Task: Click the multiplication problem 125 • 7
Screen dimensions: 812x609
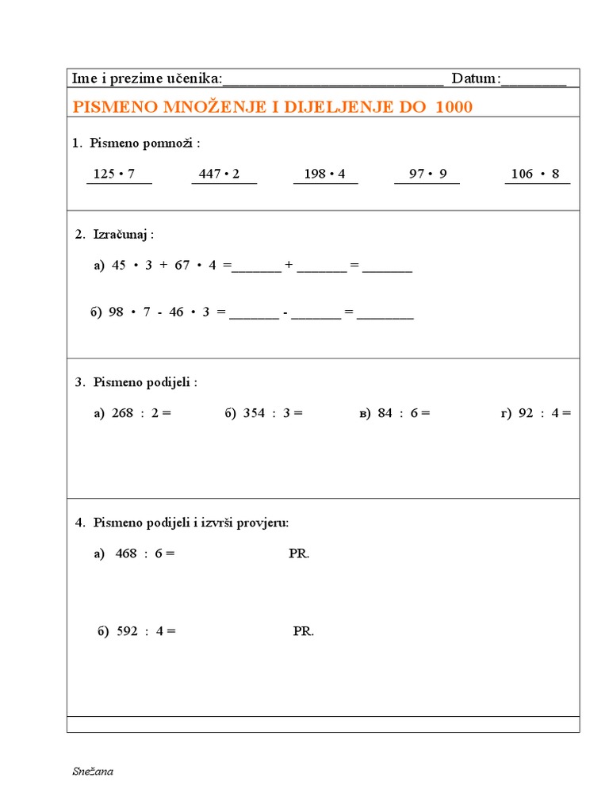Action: click(x=114, y=174)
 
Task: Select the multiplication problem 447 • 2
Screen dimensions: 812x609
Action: click(x=220, y=174)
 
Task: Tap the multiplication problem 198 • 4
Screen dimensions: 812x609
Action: click(x=324, y=174)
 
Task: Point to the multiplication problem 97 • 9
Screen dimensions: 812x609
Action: click(x=428, y=174)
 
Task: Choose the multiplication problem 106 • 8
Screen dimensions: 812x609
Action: click(x=535, y=174)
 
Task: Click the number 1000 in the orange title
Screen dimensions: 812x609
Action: click(x=454, y=106)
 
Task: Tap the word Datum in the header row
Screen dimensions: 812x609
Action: click(x=475, y=78)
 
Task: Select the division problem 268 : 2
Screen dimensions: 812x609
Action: click(x=141, y=412)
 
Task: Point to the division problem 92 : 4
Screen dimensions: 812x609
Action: click(x=544, y=412)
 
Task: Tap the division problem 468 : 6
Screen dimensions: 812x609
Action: click(x=144, y=553)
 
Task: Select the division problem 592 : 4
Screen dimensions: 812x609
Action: click(x=146, y=631)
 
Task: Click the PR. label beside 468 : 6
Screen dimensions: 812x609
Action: click(x=299, y=553)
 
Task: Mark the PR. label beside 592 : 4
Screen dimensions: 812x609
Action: click(x=303, y=631)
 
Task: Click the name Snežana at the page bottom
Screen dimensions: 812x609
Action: click(x=92, y=772)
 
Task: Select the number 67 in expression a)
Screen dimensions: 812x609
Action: click(x=182, y=265)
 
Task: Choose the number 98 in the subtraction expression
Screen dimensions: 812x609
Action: click(x=117, y=312)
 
